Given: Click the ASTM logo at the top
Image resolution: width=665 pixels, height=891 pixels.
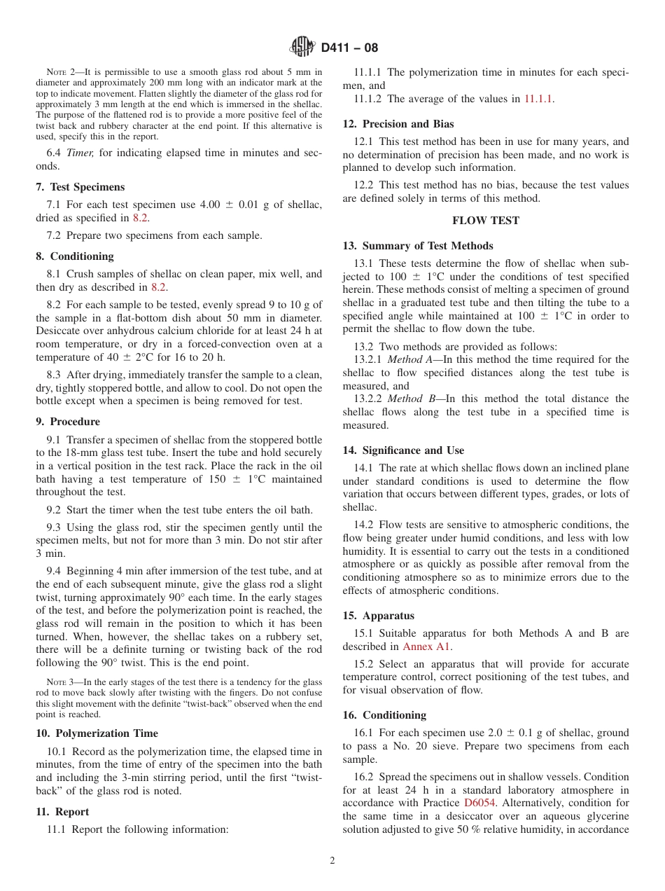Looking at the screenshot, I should pos(302,48).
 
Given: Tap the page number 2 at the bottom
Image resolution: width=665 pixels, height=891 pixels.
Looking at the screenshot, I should pos(332,861).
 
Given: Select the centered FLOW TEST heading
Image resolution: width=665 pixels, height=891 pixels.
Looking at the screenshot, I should pos(486,221).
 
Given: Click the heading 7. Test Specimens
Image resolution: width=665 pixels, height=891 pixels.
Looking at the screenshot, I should pos(80,187).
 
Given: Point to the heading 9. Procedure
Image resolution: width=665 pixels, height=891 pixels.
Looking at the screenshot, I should pos(68,422).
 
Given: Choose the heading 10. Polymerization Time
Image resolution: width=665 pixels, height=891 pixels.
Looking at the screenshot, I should pos(97,733).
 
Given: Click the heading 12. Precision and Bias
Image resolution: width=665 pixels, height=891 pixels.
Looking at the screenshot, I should pos(398,124).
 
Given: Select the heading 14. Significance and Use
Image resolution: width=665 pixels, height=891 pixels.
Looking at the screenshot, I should pos(403,450).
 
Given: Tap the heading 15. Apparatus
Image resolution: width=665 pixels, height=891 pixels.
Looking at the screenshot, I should pos(378,616).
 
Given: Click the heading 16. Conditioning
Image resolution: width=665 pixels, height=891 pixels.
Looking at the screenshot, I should pos(384,715).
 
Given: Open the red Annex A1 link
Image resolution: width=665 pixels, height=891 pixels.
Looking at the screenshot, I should pos(426,647).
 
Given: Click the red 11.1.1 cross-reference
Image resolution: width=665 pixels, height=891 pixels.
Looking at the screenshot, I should pos(538,99).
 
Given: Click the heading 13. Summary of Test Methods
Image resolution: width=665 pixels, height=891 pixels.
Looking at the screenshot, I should pos(417,246).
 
